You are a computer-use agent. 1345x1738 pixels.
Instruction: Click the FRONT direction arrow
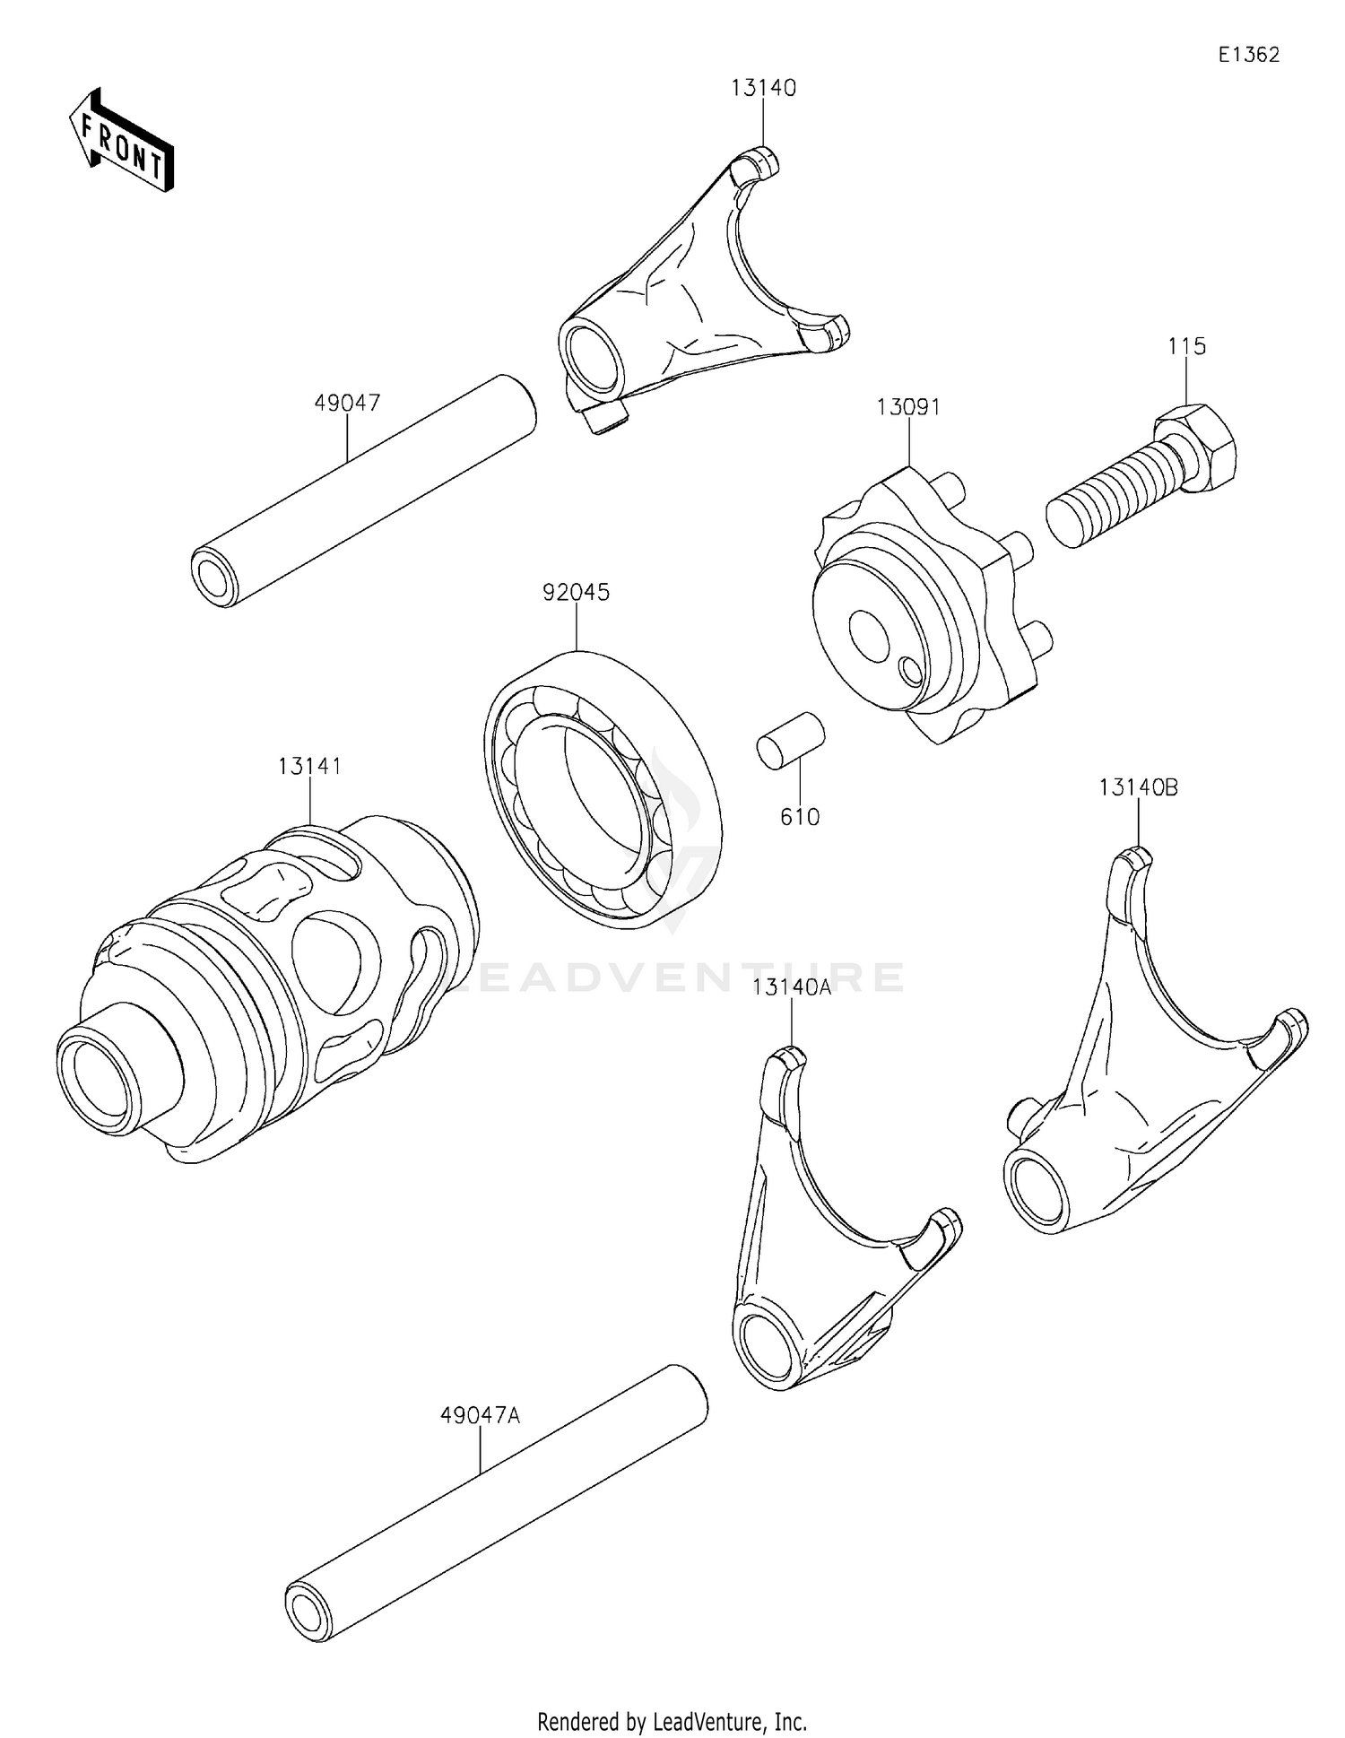pos(122,142)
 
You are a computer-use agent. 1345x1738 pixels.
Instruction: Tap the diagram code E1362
pos(1248,55)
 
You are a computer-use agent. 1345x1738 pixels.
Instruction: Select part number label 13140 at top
pos(763,88)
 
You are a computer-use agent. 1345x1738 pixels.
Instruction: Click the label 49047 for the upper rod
pos(347,404)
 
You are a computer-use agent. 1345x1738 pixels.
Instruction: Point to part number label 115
pos(1186,346)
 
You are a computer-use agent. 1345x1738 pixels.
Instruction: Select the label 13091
pos(908,408)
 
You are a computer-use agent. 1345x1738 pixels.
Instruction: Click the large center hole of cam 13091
pos(869,633)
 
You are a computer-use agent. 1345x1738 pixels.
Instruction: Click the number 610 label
pos(800,817)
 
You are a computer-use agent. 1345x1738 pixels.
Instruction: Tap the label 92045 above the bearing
pos(576,593)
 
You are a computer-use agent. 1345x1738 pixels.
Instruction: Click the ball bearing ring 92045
pos(603,789)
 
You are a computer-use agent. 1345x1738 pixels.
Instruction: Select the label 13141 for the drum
pos(309,767)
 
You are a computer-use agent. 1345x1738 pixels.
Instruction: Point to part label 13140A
pos(792,988)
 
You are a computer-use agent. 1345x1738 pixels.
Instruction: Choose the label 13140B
pos(1138,788)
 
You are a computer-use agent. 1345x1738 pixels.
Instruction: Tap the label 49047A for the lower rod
pos(480,1416)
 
